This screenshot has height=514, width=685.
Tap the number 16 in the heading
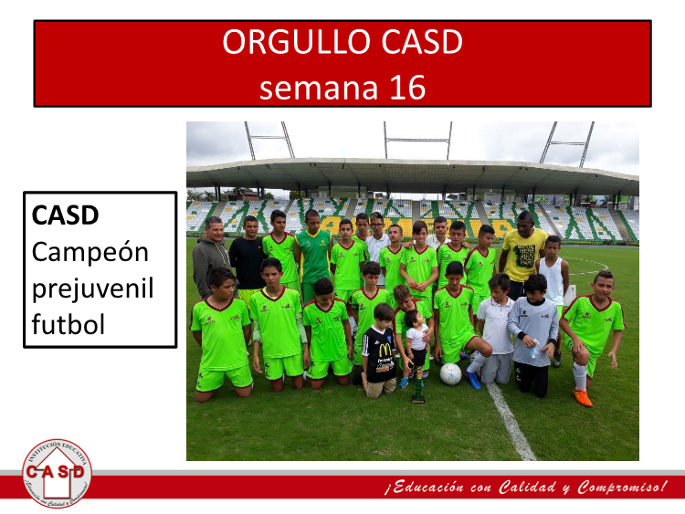(407, 88)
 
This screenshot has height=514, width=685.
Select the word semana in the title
(319, 89)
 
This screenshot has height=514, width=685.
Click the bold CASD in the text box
(66, 215)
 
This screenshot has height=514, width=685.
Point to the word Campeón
(90, 252)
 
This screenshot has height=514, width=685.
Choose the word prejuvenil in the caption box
(92, 289)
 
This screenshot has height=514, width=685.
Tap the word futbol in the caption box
(68, 324)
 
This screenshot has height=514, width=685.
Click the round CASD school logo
(57, 474)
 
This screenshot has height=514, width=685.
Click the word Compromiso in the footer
(618, 488)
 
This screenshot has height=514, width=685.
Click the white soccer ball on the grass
(450, 373)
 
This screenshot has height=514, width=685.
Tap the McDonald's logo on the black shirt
(385, 350)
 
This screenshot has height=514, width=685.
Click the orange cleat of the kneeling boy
(584, 398)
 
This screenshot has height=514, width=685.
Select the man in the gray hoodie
(211, 257)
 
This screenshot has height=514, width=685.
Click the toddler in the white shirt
(416, 345)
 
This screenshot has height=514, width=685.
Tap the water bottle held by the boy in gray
(534, 350)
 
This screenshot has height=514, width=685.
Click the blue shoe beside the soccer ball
(473, 379)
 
